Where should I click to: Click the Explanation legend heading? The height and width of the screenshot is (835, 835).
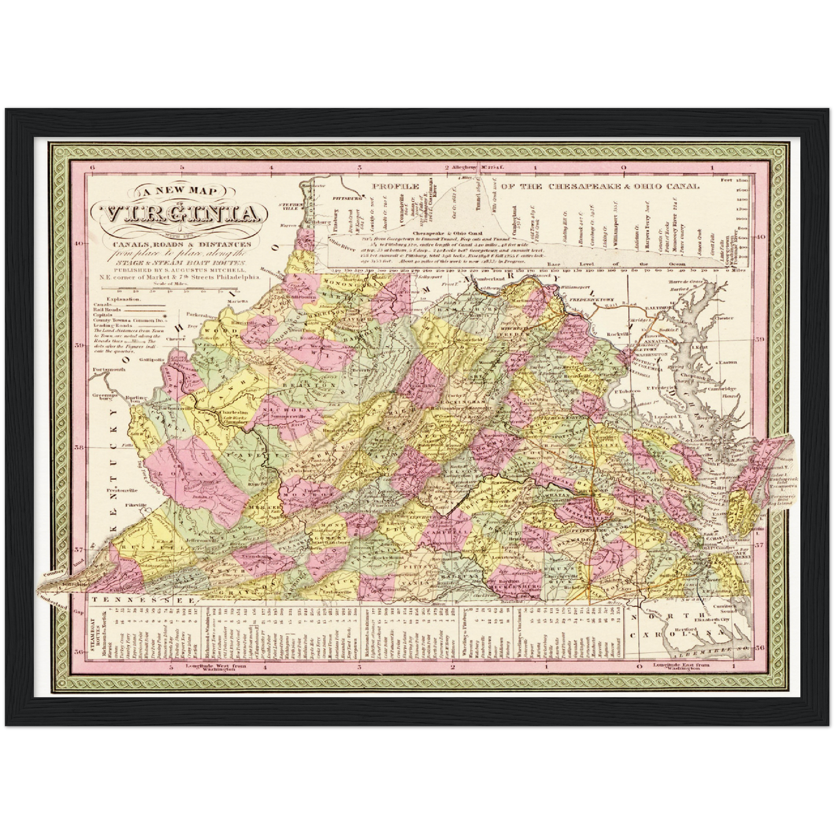point(115,300)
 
